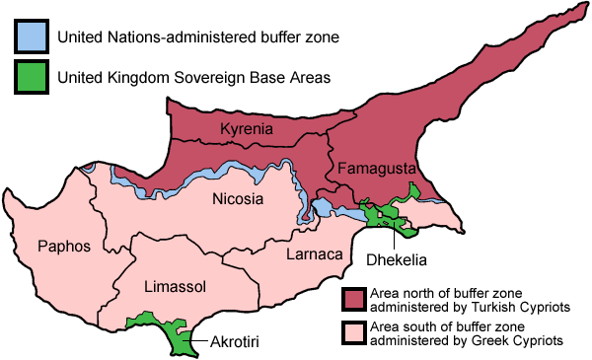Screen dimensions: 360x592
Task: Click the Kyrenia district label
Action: click(x=248, y=131)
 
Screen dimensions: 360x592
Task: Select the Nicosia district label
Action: click(x=238, y=199)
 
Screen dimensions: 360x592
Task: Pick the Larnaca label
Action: click(x=314, y=254)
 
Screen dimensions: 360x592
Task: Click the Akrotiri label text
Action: click(x=236, y=343)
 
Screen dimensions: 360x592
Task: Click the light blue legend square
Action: click(x=32, y=36)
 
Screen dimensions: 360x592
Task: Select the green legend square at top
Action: click(x=32, y=75)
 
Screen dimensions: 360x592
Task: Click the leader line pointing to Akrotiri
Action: click(x=201, y=338)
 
